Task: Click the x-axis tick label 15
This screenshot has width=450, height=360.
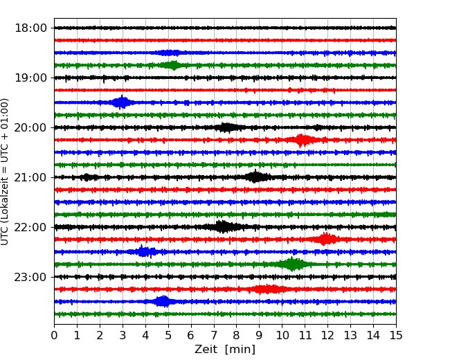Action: (396, 336)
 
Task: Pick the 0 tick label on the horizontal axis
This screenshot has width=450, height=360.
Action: (54, 336)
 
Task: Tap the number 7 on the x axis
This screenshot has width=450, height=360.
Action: (213, 336)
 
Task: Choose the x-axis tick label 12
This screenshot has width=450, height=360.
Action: (327, 336)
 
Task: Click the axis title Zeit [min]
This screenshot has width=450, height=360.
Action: (225, 350)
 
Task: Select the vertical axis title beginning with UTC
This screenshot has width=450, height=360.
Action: (6, 171)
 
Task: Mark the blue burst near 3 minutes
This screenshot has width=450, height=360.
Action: (122, 102)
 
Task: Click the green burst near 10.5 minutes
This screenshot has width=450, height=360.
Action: (293, 264)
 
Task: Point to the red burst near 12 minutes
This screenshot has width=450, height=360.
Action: (326, 239)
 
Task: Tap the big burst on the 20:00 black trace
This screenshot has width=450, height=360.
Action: (226, 127)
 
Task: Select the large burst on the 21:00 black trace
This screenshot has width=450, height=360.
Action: (255, 177)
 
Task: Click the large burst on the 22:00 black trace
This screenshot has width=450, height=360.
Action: (222, 226)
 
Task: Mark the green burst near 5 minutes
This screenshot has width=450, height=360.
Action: (172, 65)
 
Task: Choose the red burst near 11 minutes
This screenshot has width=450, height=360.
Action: (302, 140)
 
